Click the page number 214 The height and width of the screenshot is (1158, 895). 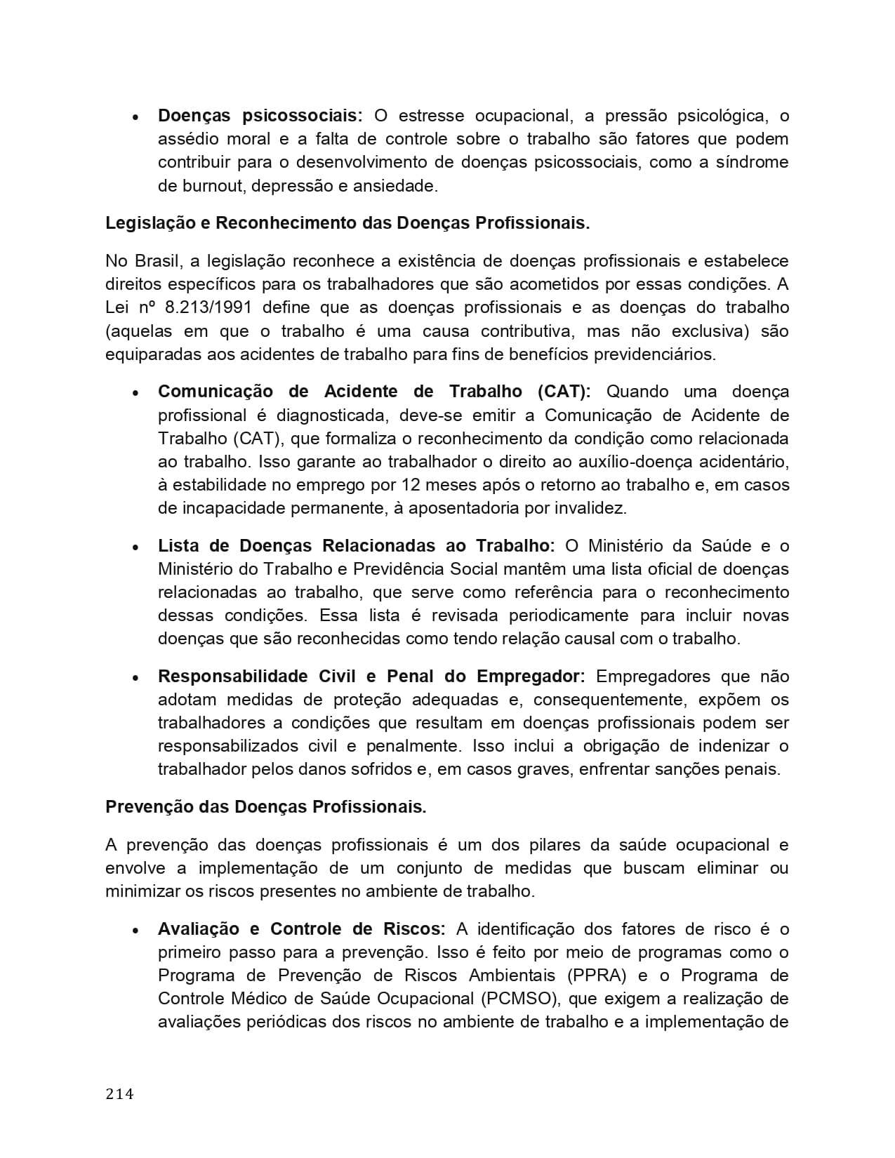(x=119, y=1093)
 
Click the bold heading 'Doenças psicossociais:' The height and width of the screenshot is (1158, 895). (x=260, y=116)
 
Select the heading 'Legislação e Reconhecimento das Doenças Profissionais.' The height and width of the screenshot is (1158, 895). (x=347, y=223)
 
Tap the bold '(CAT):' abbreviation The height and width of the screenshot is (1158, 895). (x=564, y=392)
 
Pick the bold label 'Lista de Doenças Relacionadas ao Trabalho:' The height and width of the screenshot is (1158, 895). (x=356, y=546)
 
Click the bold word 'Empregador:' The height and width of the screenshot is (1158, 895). (x=531, y=677)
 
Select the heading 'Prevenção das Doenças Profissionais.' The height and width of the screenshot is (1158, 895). (x=266, y=807)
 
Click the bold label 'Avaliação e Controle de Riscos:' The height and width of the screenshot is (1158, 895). (x=301, y=929)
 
